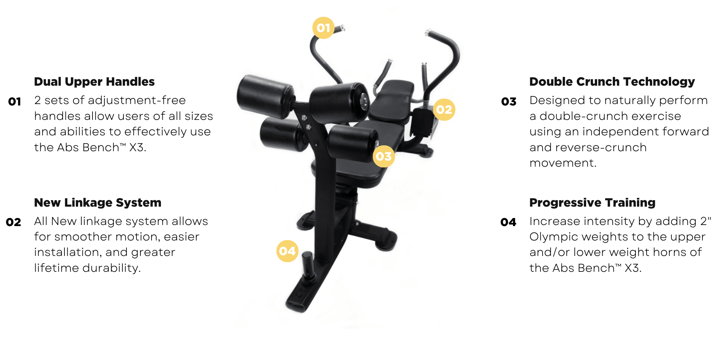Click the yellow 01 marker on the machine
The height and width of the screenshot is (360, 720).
[x=323, y=28]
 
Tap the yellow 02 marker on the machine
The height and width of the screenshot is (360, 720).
[x=444, y=109]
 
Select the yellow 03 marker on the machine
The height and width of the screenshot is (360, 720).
[x=384, y=156]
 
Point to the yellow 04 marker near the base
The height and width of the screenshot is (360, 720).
[x=287, y=251]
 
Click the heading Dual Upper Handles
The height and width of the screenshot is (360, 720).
[x=94, y=82]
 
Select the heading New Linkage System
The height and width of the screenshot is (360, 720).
[x=98, y=203]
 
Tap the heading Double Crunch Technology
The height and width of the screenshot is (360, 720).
[x=612, y=82]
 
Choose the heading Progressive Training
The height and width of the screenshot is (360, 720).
[x=592, y=203]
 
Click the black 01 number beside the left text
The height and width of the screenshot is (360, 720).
[x=14, y=102]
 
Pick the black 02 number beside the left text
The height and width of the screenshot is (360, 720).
[x=14, y=222]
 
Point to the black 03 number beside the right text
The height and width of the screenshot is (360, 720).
[x=509, y=102]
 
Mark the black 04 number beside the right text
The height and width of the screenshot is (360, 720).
[x=508, y=222]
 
